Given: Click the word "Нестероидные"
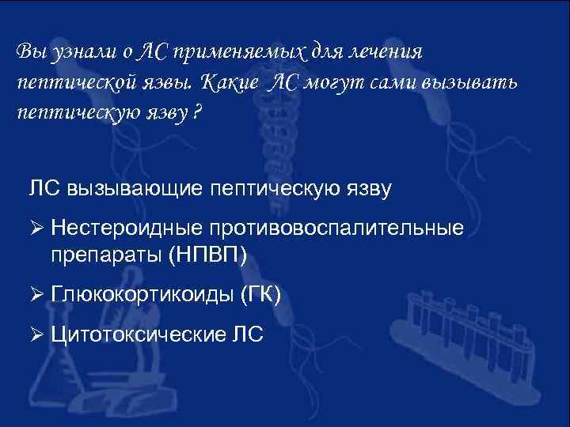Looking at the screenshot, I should pos(127,229).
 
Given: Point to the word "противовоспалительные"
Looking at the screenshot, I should pos(336,229).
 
